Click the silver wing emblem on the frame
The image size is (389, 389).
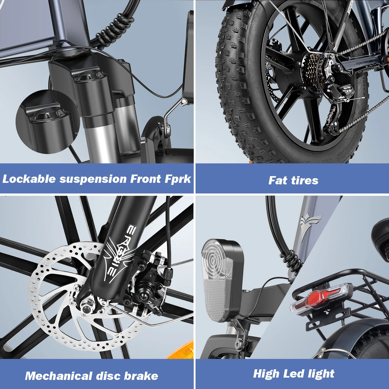pos(310,223)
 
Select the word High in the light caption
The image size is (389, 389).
pos(266,374)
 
